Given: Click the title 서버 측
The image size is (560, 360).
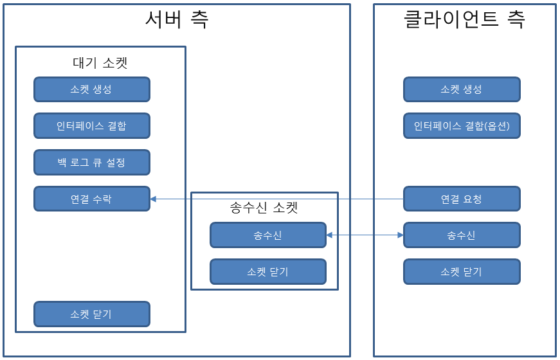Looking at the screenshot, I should [176, 20].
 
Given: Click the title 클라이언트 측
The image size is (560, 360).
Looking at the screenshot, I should [464, 20].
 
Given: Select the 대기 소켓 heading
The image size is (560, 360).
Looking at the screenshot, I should [100, 63].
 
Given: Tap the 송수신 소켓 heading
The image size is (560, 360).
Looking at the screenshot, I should [264, 208].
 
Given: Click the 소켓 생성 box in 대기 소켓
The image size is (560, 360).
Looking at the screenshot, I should [91, 89].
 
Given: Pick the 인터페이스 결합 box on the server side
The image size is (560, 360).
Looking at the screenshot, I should [91, 126].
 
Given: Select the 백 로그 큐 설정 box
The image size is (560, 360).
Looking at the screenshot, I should [91, 163].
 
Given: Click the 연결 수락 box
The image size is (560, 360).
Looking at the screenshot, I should [91, 199].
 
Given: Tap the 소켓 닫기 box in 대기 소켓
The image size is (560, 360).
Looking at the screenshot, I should [91, 314].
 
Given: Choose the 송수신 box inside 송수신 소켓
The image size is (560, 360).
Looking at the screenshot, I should [267, 236].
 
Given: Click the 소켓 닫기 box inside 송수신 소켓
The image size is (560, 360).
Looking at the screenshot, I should [267, 272].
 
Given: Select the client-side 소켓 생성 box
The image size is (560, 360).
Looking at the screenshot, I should [462, 89].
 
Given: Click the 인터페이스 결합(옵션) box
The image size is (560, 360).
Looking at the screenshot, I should [462, 126].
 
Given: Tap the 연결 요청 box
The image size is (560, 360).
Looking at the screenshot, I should [462, 199].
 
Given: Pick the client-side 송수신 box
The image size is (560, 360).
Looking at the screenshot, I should [462, 236].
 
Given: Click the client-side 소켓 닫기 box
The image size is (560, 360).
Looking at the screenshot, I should [462, 272].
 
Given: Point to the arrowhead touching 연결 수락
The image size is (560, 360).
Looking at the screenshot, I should [154, 199].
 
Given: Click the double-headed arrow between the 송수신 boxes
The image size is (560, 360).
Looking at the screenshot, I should [365, 236].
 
